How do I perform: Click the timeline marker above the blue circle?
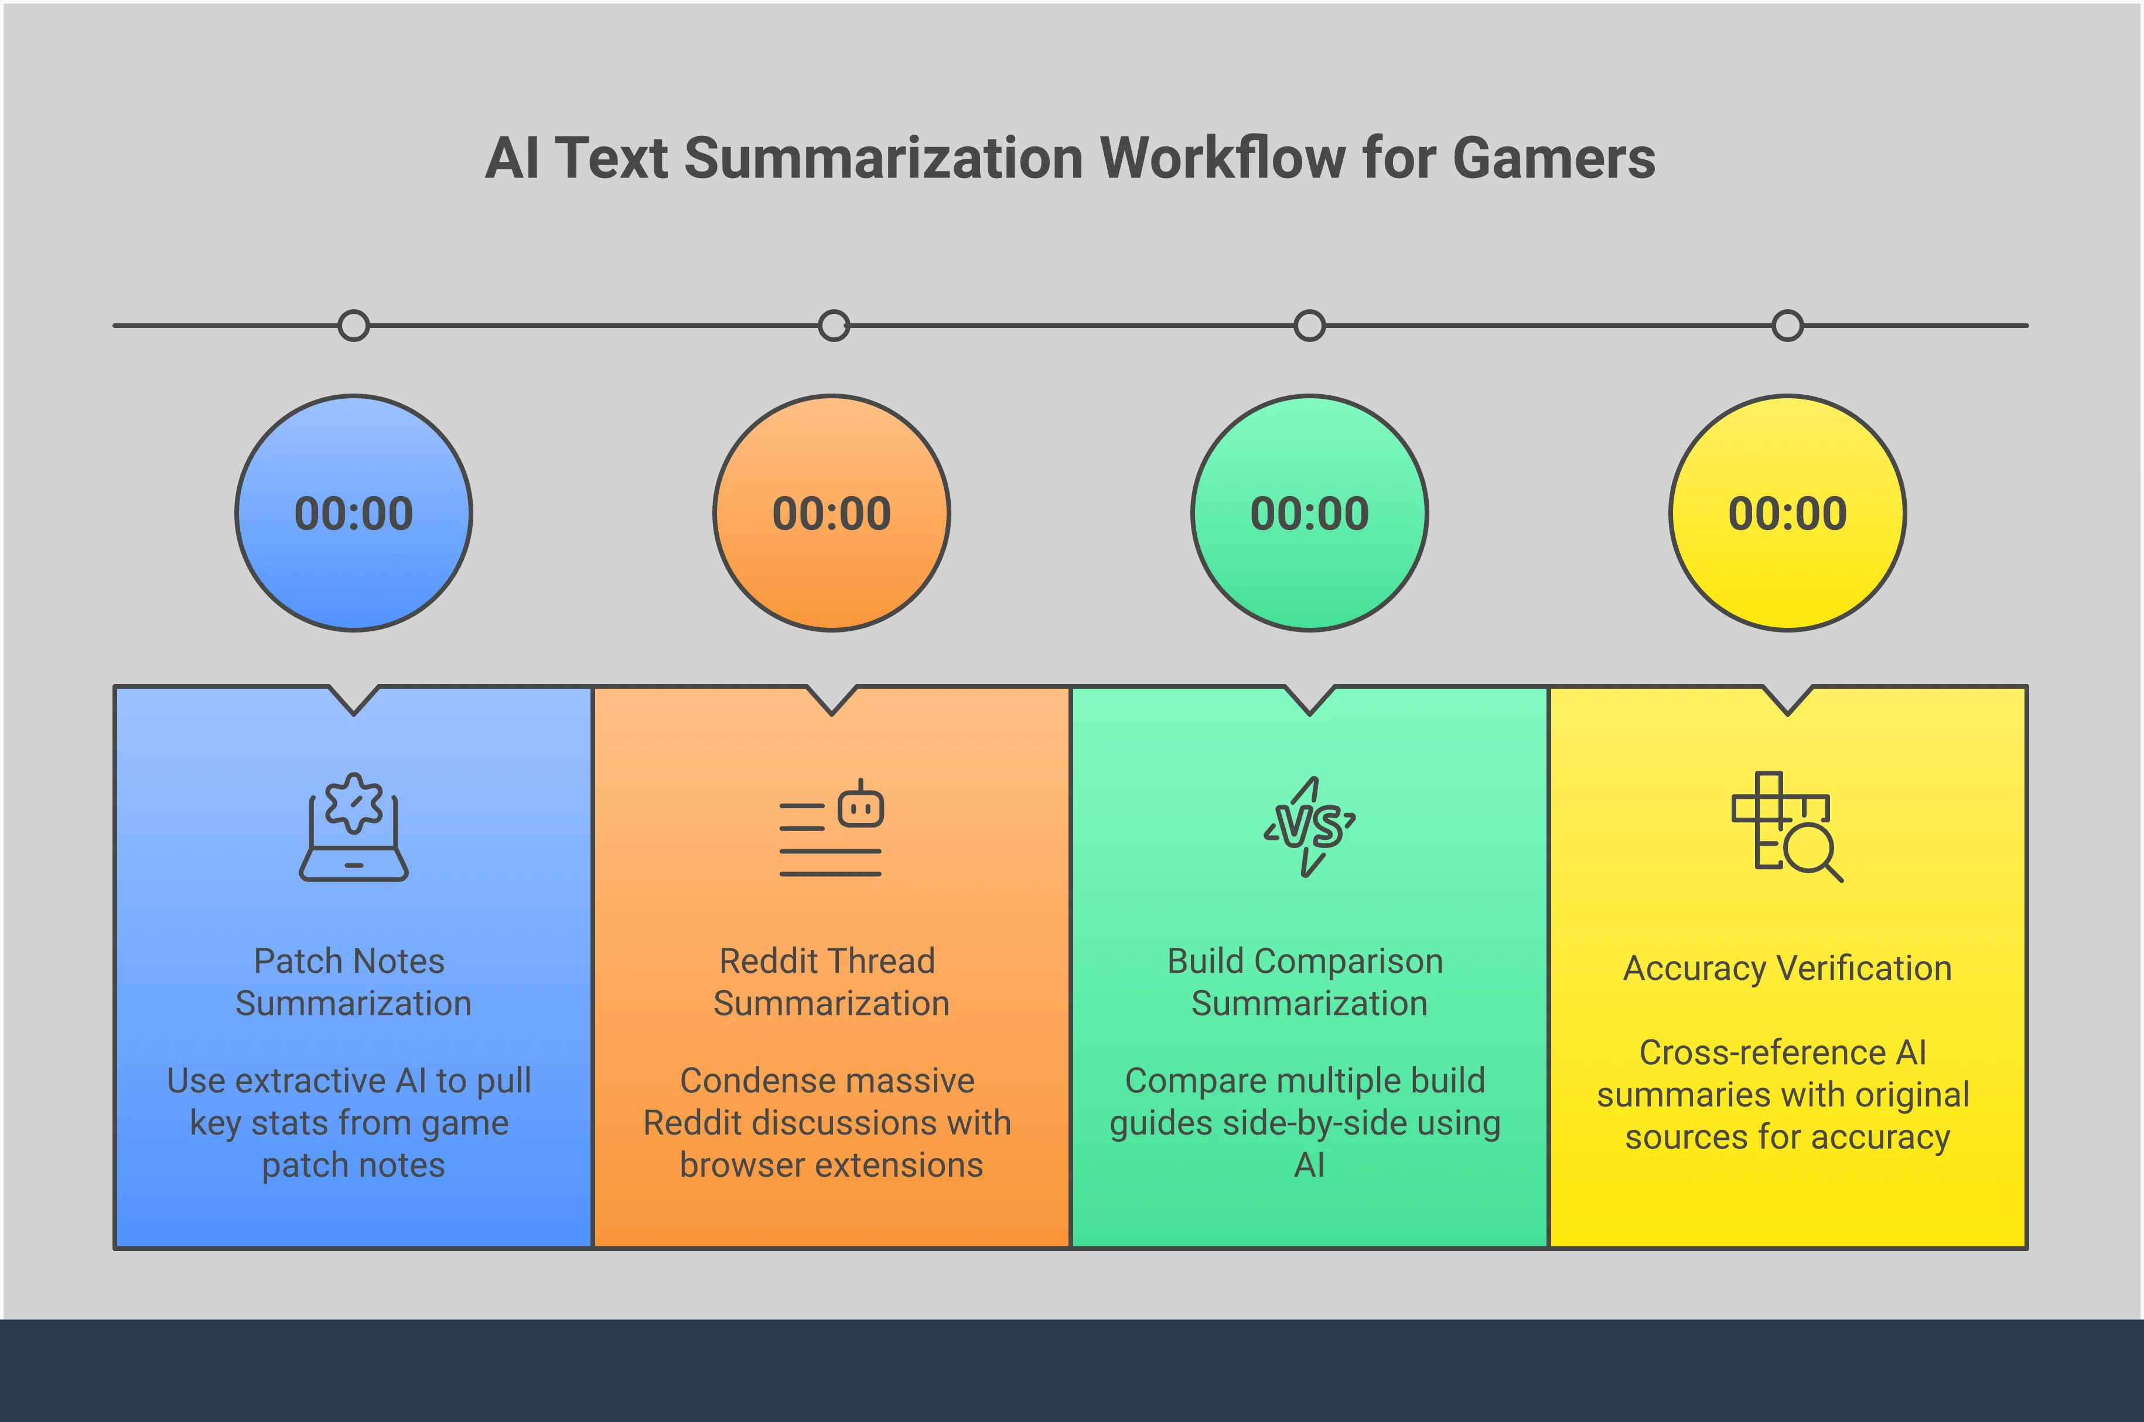coord(354,326)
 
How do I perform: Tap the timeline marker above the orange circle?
coord(834,326)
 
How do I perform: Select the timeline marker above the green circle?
coord(1310,326)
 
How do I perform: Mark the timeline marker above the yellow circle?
coord(1788,326)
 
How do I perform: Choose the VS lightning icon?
coord(1310,827)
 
